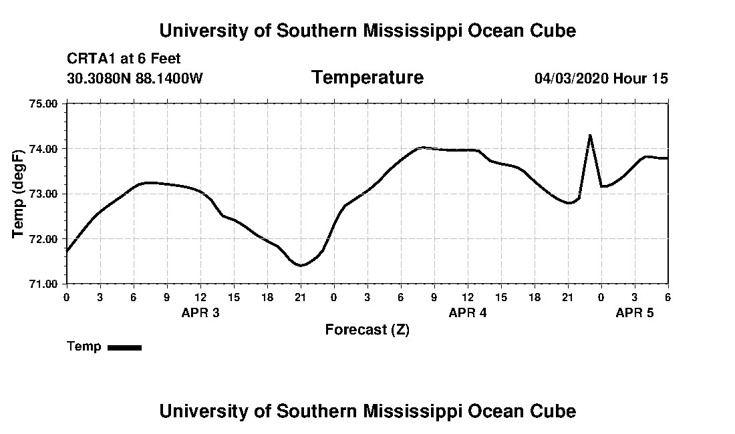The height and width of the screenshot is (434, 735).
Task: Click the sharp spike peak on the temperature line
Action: [590, 136]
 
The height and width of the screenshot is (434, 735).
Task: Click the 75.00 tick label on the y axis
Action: [43, 103]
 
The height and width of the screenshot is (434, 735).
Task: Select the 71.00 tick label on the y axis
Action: [43, 284]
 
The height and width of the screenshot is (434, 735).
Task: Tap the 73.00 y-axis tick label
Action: [43, 194]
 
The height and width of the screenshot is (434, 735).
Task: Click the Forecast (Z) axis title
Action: [367, 329]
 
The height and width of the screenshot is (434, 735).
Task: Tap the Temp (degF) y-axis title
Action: [19, 194]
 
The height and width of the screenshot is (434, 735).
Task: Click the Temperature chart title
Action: [367, 78]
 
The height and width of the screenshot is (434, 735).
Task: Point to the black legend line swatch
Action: [125, 347]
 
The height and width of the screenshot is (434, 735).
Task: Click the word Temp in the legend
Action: [84, 347]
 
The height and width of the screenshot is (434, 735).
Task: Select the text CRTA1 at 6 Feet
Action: [124, 59]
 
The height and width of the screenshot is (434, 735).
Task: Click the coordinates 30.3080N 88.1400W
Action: [135, 79]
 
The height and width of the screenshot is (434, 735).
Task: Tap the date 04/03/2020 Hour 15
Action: [601, 79]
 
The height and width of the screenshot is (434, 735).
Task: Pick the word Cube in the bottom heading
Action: [555, 411]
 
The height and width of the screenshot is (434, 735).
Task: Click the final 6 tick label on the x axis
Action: [668, 296]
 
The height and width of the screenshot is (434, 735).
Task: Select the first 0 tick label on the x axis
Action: [66, 296]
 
